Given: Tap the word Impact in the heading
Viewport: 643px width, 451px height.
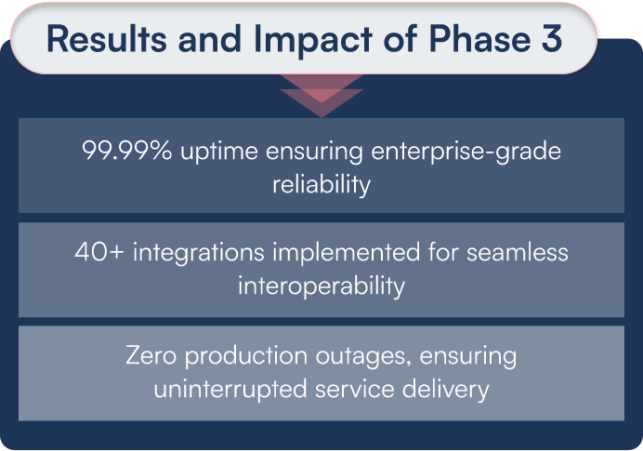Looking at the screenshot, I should [296, 39].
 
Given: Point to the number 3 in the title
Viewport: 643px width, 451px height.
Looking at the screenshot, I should [549, 39].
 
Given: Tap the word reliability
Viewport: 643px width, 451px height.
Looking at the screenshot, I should [321, 184].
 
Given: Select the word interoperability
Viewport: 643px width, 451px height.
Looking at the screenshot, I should [321, 285].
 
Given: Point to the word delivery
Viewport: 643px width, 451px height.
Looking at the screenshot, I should [444, 388].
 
